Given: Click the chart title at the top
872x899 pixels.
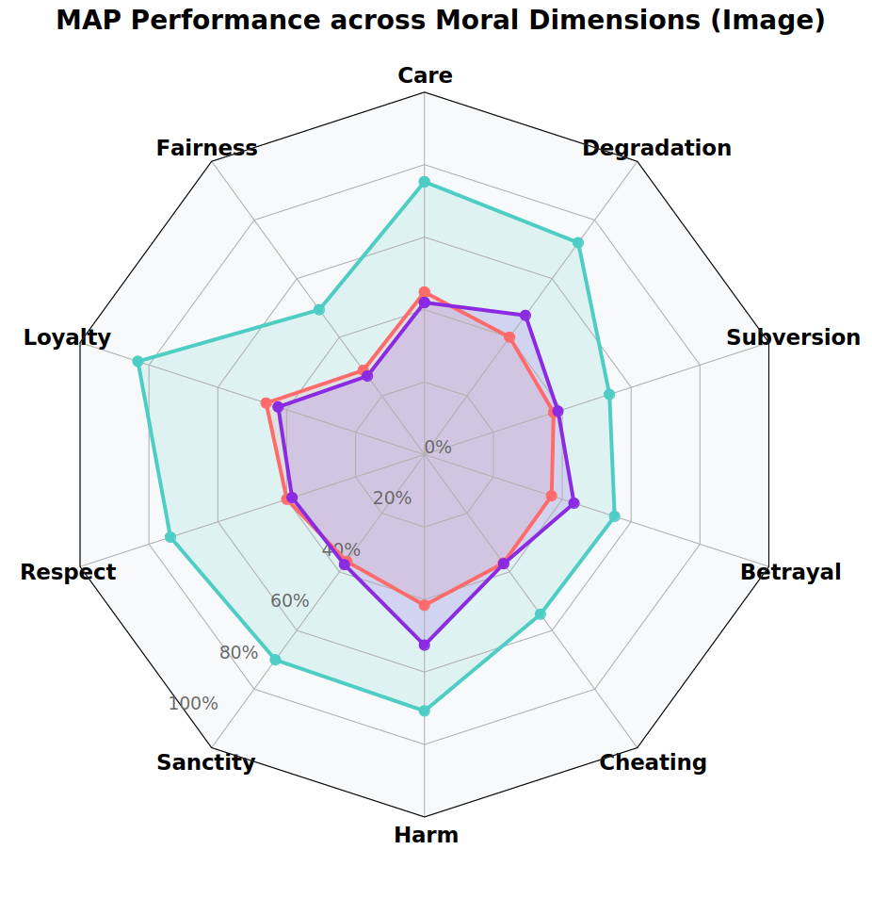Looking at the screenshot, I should (441, 21).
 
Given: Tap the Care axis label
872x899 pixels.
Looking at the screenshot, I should (425, 75).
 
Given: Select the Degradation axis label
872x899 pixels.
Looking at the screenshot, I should (656, 148).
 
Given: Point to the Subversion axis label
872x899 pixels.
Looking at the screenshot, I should (793, 337).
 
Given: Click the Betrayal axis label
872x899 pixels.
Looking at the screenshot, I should (790, 572).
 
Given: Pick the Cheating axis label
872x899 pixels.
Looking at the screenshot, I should (653, 762).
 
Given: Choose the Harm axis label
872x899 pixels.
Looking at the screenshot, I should (426, 835).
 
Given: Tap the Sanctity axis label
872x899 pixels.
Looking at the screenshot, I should (205, 762).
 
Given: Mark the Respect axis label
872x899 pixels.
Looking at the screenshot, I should (68, 572).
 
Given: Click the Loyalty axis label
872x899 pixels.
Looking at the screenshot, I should (67, 337).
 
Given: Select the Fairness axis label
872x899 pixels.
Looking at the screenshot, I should (206, 148).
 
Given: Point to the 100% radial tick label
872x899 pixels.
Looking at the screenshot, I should (193, 704).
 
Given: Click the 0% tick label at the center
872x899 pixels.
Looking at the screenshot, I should (438, 448).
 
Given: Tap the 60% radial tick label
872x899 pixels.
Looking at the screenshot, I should (289, 601).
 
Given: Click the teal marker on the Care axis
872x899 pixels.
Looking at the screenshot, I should (424, 182).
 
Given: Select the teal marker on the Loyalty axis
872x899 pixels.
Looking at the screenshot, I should (137, 361).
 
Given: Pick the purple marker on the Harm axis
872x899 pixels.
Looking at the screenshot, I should (424, 646).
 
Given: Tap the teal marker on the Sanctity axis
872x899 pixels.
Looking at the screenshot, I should (275, 660).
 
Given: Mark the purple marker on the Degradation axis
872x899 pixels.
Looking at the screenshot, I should (525, 316).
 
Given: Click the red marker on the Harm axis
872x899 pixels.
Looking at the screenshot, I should (424, 605).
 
